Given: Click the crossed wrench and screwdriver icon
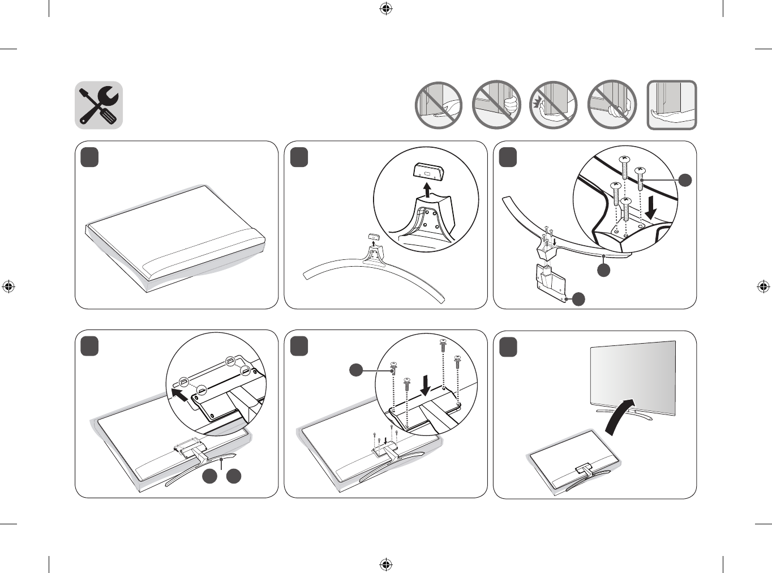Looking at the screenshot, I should (x=99, y=105).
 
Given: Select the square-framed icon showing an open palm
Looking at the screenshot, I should (x=672, y=105).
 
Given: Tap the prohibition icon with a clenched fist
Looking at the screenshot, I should (x=496, y=105).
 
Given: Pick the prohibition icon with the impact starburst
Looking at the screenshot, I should (x=554, y=105).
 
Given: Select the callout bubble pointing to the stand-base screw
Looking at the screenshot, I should (x=685, y=180).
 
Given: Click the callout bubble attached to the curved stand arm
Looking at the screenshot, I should (x=604, y=270).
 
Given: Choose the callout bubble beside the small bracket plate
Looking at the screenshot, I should (x=578, y=299).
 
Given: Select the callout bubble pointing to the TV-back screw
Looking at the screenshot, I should (x=355, y=370).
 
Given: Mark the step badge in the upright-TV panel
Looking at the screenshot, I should (x=508, y=347).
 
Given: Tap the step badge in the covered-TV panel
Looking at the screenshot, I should (x=89, y=157).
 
